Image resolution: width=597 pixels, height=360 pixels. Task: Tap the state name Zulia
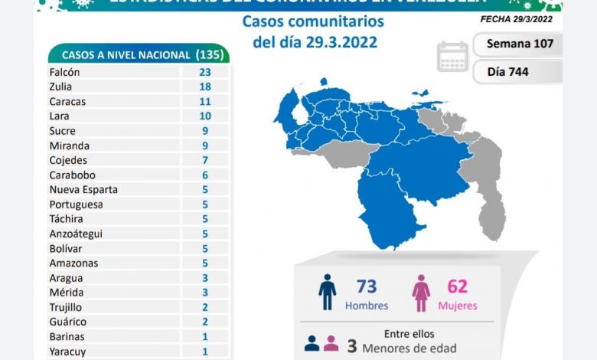pos(61,87)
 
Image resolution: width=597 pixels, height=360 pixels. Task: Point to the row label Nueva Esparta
pos(83,189)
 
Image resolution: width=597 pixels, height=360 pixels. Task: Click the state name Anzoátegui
pos(75,234)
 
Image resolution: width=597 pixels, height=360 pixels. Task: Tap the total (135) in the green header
pos(210,54)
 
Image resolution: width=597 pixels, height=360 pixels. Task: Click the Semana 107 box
pos(519,44)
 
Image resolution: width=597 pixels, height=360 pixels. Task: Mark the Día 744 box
pos(519,72)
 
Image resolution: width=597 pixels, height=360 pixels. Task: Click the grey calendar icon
pos(452,57)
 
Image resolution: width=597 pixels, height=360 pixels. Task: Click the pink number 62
pos(458,287)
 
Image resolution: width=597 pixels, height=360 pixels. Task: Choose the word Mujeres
pos(458,306)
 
